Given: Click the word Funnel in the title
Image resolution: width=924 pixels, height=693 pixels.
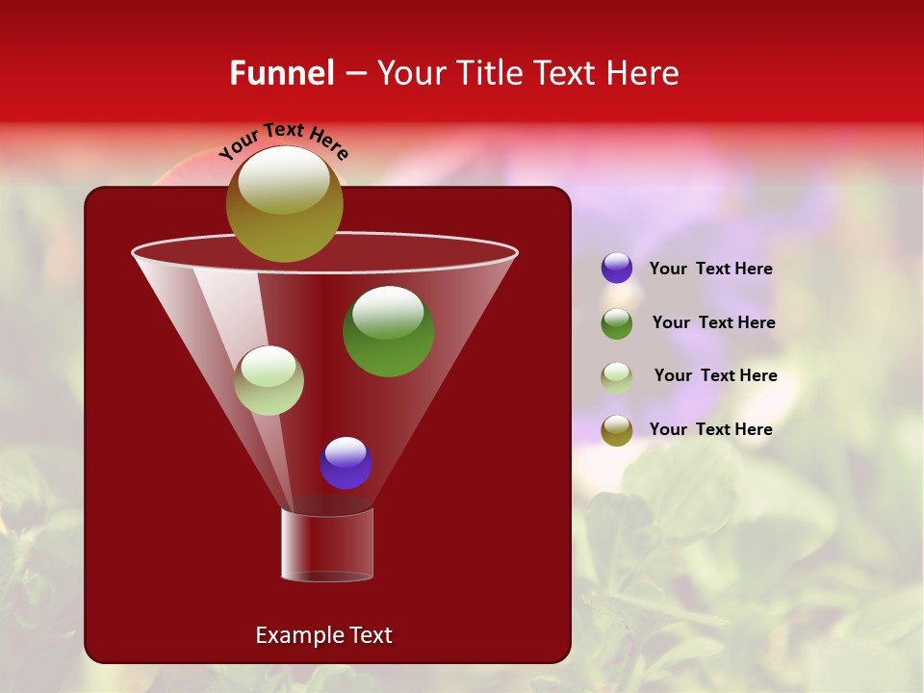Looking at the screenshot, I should [x=281, y=73].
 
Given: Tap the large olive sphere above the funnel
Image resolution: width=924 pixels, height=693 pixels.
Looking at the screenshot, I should [x=284, y=204].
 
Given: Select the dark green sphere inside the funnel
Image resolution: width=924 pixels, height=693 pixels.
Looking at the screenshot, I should [x=388, y=330].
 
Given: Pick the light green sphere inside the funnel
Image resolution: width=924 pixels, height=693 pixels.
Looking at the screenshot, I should [x=269, y=380].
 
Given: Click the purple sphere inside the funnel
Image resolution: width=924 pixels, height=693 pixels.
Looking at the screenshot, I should [x=346, y=462].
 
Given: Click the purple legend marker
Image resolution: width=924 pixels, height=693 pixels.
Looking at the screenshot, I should [x=617, y=269].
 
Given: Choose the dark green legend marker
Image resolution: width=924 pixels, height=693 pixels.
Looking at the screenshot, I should [x=617, y=323].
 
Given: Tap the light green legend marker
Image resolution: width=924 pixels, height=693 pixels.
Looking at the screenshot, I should [x=617, y=377].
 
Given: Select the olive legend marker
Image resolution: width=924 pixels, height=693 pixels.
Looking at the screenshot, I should [x=617, y=430].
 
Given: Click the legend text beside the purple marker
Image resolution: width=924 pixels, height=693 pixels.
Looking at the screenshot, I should [x=710, y=269].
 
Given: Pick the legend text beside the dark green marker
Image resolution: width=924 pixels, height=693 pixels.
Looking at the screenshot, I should [x=713, y=322].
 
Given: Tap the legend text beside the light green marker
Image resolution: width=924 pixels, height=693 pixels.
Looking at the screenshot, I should [x=715, y=375].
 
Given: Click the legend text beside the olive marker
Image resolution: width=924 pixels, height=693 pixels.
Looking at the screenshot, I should [x=710, y=429].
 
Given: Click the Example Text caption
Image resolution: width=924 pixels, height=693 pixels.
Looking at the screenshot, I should [x=323, y=635].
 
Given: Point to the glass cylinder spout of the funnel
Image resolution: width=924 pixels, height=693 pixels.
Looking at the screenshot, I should [x=327, y=545].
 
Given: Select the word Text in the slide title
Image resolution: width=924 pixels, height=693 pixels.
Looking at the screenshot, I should [x=563, y=73].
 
